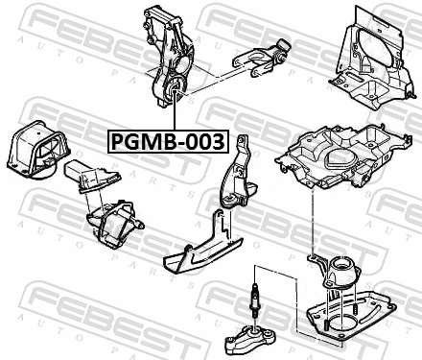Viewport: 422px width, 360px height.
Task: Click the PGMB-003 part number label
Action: click(165, 143)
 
